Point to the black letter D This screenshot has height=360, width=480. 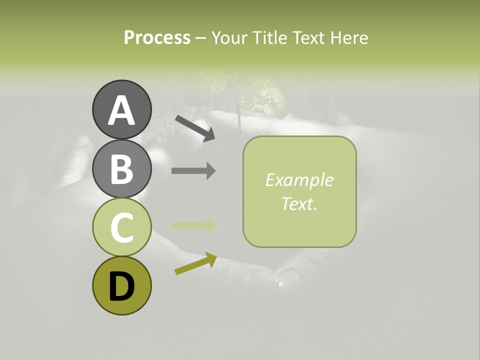tap(121, 286)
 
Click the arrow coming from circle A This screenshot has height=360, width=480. tap(195, 128)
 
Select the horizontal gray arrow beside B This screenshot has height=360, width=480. tap(193, 171)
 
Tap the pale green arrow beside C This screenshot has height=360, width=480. tap(193, 225)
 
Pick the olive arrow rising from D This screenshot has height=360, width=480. tap(195, 264)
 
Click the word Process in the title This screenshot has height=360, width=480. tap(157, 37)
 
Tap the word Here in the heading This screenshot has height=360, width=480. tap(350, 37)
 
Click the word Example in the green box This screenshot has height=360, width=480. tap(299, 180)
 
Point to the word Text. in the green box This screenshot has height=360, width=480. tap(299, 203)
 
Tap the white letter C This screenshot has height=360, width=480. tap(121, 228)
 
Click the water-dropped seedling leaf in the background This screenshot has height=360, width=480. tap(262, 100)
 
